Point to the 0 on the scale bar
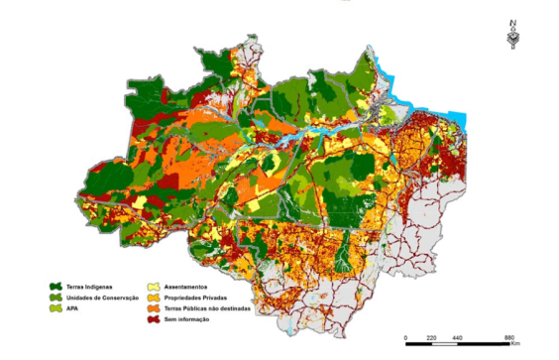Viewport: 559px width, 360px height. [407, 339]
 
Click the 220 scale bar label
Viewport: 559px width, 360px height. [431, 339]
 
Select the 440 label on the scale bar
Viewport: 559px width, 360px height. [457, 339]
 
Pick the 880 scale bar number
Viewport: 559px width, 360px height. [508, 339]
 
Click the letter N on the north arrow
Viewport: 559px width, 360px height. [512, 23]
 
